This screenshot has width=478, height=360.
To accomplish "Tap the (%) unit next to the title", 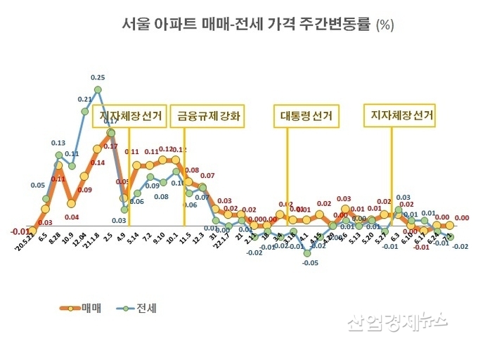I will pos(385,25).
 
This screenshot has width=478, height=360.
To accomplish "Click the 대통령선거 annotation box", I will pos(306,116).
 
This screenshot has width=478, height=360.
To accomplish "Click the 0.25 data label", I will pos(98,77).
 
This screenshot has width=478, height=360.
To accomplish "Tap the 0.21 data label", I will pos(84,100).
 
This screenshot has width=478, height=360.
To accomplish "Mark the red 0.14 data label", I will pos(97,163).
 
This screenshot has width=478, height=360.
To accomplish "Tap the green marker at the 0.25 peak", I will pos(98,89).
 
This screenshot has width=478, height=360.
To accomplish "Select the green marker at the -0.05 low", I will pos(307,252).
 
